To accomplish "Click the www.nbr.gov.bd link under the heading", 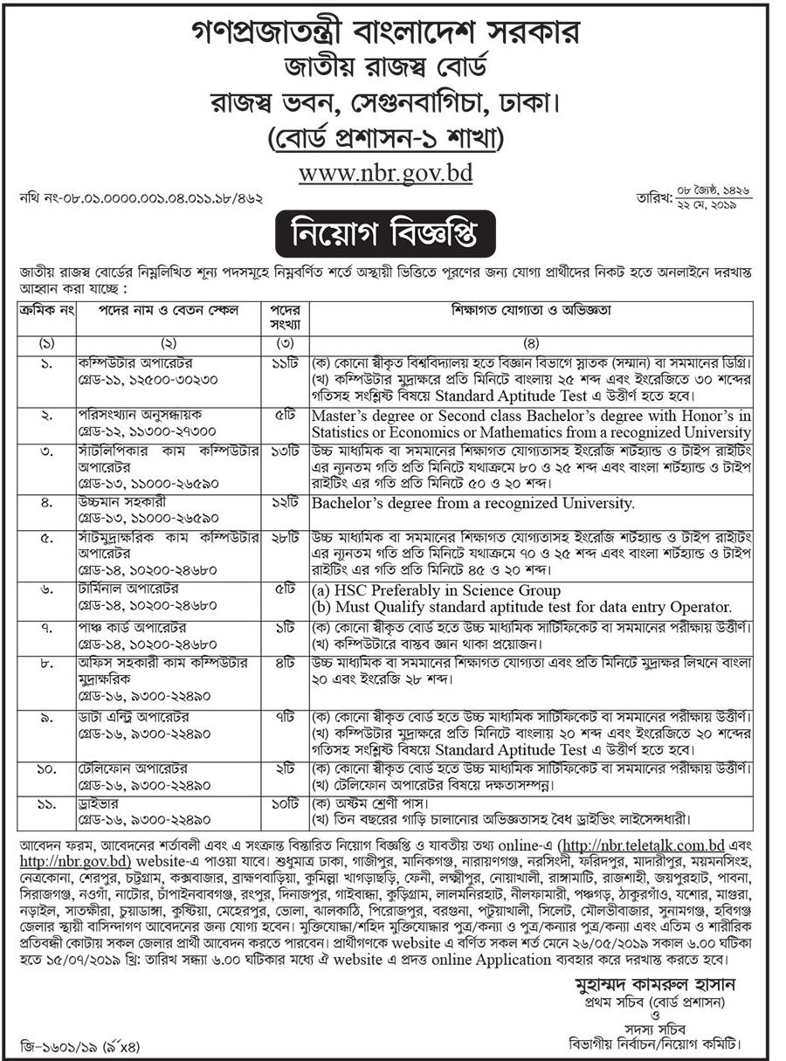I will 385,173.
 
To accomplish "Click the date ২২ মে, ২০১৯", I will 701,204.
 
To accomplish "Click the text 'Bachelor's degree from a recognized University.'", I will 473,503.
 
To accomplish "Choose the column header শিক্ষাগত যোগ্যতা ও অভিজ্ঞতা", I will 531,310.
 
